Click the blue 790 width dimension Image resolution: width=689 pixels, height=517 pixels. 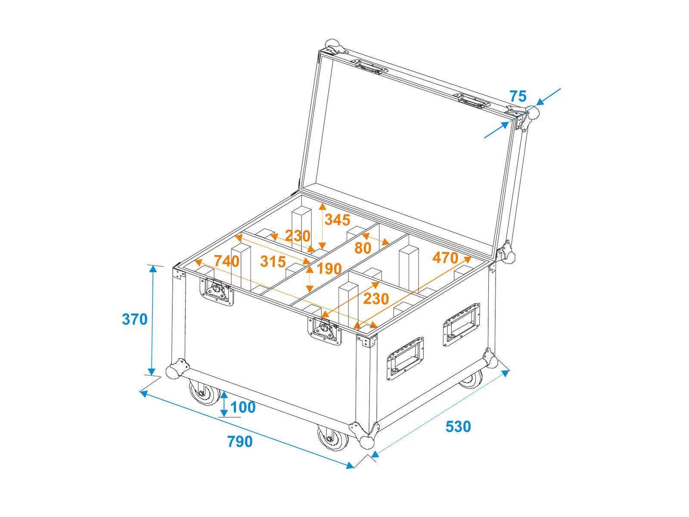[x=240, y=442]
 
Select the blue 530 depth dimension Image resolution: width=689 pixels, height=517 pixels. [x=458, y=427]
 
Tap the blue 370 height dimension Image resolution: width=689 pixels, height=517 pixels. [x=135, y=319]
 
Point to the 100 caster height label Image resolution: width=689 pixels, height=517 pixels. [x=243, y=407]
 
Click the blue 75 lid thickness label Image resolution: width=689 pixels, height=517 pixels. [x=518, y=96]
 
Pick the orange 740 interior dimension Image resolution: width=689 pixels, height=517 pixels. [x=227, y=261]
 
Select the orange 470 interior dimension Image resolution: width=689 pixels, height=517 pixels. [x=445, y=258]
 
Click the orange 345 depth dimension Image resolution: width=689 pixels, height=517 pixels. [x=337, y=220]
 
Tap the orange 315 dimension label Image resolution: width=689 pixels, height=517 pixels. [x=273, y=262]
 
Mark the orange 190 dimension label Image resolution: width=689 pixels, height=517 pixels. [x=329, y=269]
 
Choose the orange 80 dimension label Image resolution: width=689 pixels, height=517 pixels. [x=363, y=248]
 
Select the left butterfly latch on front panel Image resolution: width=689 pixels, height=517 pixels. [x=217, y=290]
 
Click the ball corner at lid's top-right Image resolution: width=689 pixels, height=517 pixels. [x=532, y=113]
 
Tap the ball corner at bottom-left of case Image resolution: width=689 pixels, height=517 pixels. [x=175, y=371]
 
